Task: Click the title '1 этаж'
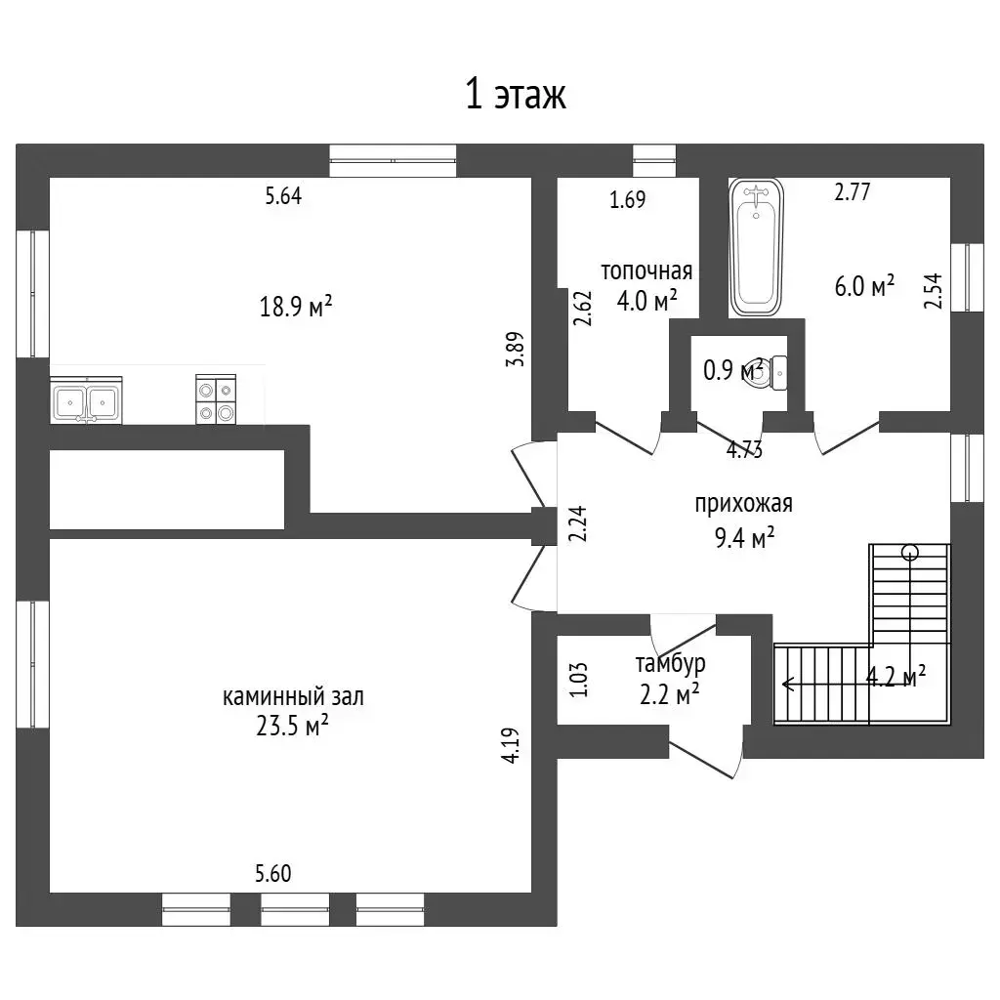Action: tap(516, 95)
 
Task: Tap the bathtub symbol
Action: tap(757, 247)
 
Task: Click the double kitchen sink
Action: tap(86, 400)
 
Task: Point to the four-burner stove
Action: tap(216, 399)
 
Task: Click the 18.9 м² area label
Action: tap(296, 307)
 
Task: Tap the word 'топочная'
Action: tap(646, 271)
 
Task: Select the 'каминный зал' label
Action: tap(293, 696)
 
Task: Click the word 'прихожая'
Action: tap(743, 504)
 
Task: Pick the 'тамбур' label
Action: tap(670, 664)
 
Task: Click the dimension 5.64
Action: tap(284, 195)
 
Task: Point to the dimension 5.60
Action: tap(273, 873)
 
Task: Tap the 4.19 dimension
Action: tap(512, 745)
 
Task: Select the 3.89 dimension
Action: tap(515, 349)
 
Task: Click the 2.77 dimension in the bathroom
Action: tap(852, 192)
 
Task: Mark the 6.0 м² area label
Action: tap(865, 286)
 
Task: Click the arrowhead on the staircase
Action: tap(788, 685)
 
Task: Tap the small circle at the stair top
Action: tap(910, 553)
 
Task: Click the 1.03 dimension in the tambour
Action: tap(578, 680)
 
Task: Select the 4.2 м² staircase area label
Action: tap(896, 677)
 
